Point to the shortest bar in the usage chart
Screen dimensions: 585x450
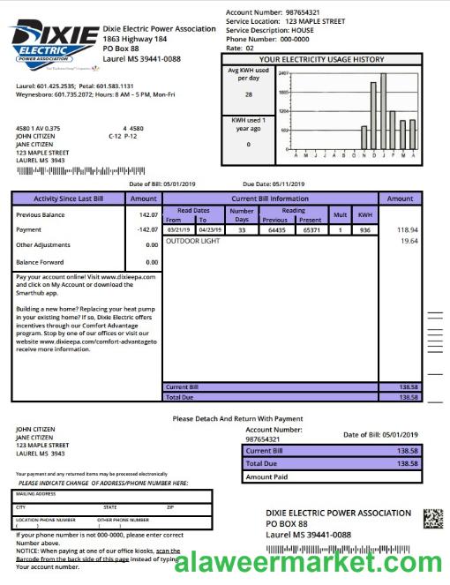[x=364, y=139]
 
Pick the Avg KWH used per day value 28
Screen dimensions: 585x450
[x=248, y=94]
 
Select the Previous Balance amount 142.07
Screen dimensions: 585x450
[x=147, y=214]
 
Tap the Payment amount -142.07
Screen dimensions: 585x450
[x=146, y=229]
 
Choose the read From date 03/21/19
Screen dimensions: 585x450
[x=179, y=229]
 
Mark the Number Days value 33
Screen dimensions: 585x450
[x=241, y=229]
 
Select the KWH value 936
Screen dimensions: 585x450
[x=365, y=229]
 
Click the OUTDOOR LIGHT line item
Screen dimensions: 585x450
[x=192, y=240]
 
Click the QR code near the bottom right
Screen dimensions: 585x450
[x=432, y=519]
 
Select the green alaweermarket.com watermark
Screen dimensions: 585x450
[x=309, y=562]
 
